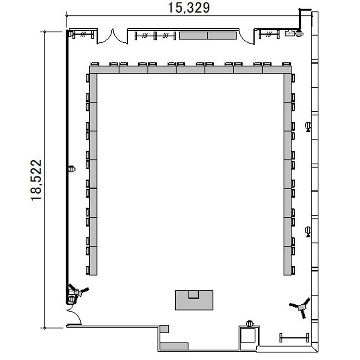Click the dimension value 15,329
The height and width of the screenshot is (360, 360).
(189, 8)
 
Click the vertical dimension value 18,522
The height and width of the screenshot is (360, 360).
(36, 180)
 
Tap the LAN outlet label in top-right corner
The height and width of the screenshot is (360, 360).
(289, 33)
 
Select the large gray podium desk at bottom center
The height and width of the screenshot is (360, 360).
(194, 300)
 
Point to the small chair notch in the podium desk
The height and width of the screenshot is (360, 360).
(194, 294)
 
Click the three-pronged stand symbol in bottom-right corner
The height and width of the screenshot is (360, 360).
(301, 307)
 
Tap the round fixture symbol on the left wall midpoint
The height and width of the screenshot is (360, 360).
(72, 169)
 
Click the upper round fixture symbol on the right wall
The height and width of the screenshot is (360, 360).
(308, 126)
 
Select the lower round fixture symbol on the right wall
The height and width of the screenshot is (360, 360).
(308, 231)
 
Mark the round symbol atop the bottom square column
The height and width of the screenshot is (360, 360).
(250, 324)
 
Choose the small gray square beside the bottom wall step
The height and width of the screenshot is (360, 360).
(164, 329)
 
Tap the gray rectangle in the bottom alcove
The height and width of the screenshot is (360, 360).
(174, 346)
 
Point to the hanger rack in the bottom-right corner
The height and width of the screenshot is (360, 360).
(294, 338)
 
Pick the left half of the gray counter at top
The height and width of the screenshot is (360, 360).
(193, 36)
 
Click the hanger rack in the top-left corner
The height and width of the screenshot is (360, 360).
(83, 35)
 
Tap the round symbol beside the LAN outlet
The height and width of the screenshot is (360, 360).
(299, 34)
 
